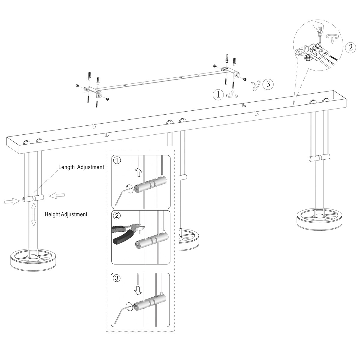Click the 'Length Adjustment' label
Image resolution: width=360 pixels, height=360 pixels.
[81, 167]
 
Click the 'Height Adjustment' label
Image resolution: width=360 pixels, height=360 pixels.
[66, 214]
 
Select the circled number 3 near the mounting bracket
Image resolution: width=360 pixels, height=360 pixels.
[268, 84]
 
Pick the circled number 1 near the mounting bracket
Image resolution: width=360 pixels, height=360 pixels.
[218, 95]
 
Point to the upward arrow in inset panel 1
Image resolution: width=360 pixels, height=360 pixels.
[138, 172]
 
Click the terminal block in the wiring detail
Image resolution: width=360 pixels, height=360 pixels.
[316, 51]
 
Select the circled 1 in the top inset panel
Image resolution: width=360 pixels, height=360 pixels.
[117, 160]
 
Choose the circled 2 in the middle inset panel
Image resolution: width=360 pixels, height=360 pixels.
[117, 215]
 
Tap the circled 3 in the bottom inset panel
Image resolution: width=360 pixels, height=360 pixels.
[117, 278]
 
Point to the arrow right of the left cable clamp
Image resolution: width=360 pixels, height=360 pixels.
[57, 196]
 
